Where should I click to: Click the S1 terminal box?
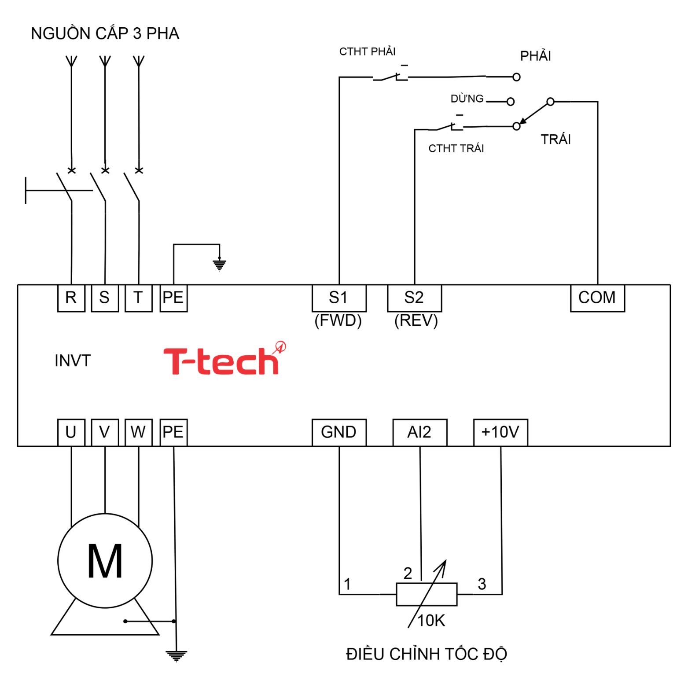pos(338,298)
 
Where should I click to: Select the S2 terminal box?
pos(414,298)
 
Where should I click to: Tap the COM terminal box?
pos(597,298)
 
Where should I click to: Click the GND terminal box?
pos(338,432)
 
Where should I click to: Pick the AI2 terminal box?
pos(419,432)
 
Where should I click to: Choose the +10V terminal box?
pos(500,432)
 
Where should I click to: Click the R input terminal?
pos(71,298)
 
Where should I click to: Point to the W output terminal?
pos(138,432)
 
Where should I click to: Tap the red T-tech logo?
pos(222,361)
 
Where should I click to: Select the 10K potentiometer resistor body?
pos(426,594)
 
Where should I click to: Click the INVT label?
pos(73,361)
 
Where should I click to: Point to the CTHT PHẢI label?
pos(367,52)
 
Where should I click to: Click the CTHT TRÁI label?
pos(456,148)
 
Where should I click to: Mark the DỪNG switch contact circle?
pos(510,102)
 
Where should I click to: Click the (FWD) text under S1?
pos(338,320)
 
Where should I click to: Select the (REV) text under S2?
pos(416,320)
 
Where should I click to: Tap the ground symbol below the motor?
pos(177,655)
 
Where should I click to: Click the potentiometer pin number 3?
pos(482,584)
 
